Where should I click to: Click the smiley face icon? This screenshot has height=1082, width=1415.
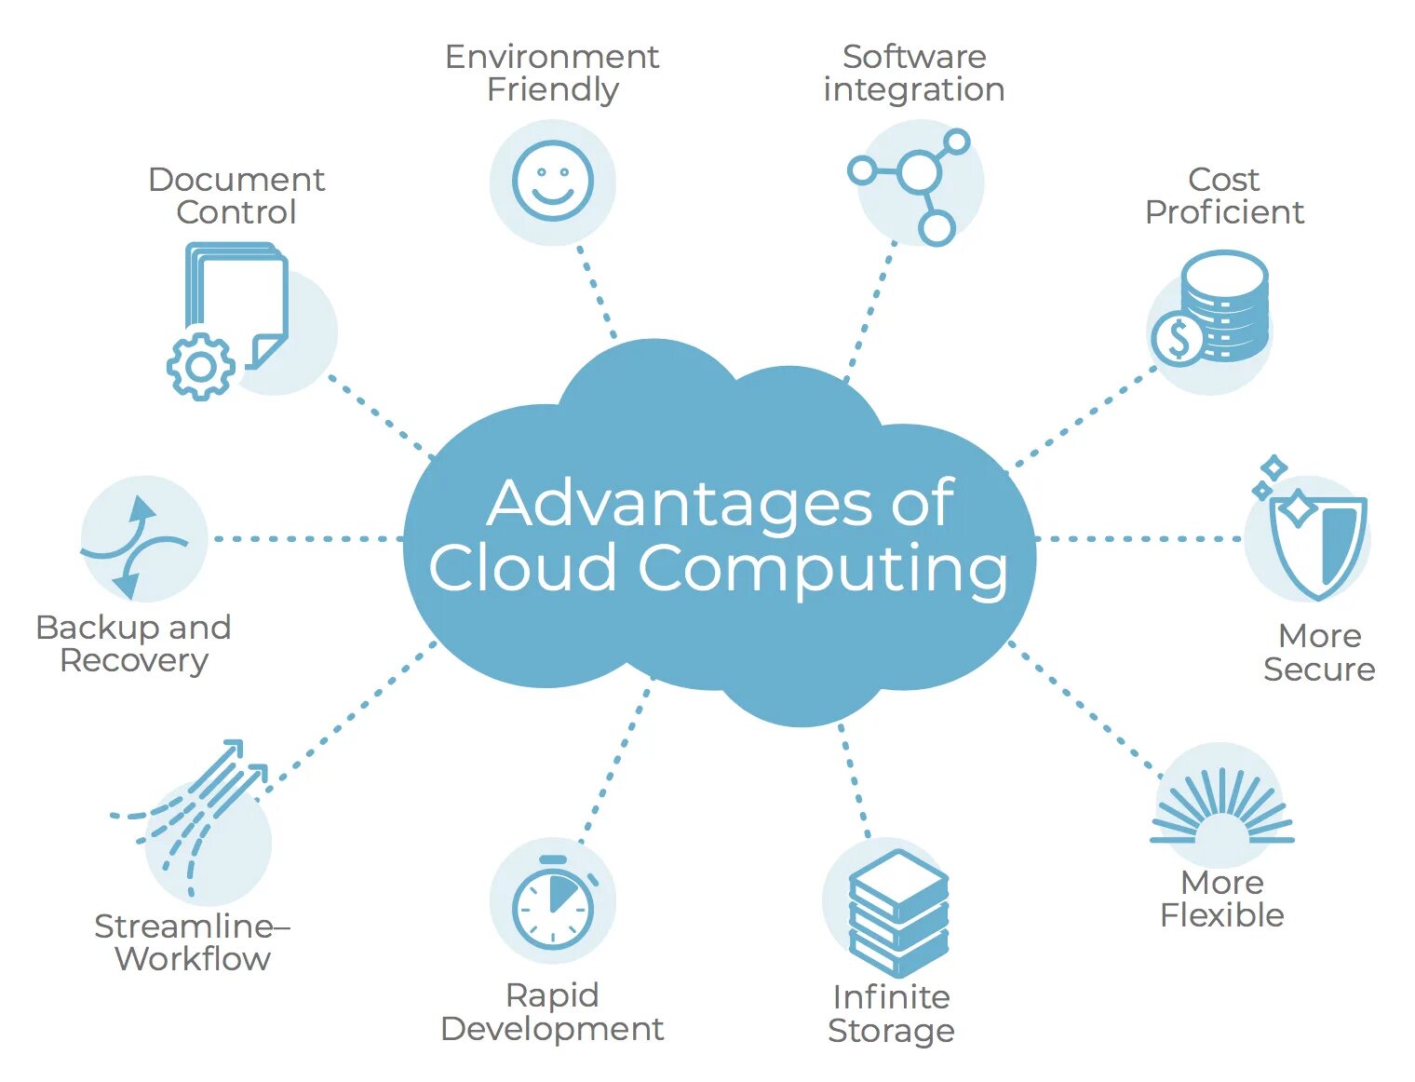pos(552,181)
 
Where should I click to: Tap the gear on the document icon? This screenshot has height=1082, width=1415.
pos(200,365)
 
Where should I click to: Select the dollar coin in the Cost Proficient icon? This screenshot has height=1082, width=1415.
pos(1179,339)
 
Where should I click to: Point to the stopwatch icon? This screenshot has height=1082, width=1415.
pos(553,905)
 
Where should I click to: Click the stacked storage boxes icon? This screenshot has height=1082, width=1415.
pos(897,913)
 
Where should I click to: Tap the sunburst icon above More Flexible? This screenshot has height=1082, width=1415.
pos(1221,808)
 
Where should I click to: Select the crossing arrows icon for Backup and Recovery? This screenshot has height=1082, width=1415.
pos(136,546)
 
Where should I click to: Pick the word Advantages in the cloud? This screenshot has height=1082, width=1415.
pos(678,504)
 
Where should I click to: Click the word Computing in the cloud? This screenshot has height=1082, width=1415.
pos(823,568)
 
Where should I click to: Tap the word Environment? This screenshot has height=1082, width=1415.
pos(552,57)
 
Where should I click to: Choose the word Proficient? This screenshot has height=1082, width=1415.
pos(1224,212)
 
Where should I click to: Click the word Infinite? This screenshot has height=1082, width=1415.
pos(891,997)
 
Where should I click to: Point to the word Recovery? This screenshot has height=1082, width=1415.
pos(134,660)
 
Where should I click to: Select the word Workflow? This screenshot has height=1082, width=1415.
pos(193,958)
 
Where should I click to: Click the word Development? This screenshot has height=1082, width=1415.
pos(552,1029)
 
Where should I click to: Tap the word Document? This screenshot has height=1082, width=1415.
pos(236,179)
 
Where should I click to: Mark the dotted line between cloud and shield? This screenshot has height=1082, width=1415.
pos(1138,538)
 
